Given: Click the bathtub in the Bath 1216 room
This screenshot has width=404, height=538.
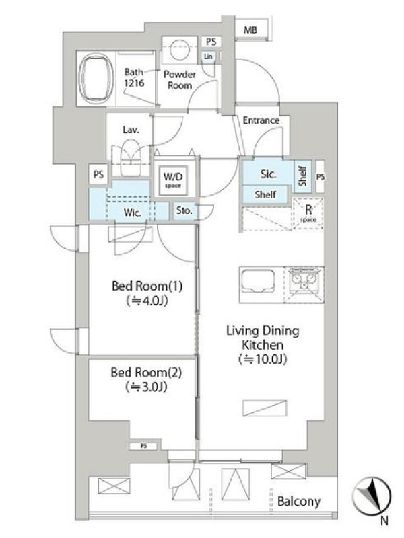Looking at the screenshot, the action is tap(96, 79).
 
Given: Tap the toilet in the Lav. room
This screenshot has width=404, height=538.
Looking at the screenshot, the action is tap(131, 157).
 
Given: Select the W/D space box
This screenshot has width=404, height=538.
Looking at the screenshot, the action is tap(173, 180).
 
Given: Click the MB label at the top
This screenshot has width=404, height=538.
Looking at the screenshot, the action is tap(250, 30).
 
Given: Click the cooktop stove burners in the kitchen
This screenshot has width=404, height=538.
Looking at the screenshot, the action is tap(304, 280).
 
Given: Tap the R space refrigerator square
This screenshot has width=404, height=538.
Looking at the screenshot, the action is tap(308, 213).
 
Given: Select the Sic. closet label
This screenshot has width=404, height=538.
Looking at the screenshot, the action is tap(268, 174).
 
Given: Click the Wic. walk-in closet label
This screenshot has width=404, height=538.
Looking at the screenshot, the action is tap(133, 213).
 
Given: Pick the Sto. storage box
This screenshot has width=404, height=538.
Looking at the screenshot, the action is tap(184, 211).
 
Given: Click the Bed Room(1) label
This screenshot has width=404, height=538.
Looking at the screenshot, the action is tap(147, 286).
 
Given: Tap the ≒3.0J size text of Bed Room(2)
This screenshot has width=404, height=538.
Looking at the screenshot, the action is tap(146, 387).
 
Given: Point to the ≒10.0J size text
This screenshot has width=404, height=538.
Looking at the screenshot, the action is tap(263, 359).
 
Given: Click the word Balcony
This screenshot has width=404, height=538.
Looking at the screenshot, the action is tap(298, 502).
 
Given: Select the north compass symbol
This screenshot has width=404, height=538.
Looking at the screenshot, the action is tap(372, 498).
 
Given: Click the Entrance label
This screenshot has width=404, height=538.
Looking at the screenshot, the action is tap(261, 120).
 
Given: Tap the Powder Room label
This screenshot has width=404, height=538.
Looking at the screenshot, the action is tap(179, 79).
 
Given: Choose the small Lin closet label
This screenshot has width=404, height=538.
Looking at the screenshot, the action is tap(208, 56).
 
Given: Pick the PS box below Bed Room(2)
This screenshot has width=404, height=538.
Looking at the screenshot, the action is tap(143, 446).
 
